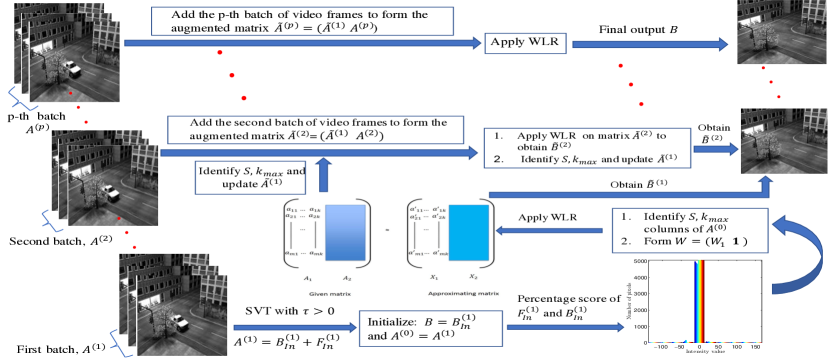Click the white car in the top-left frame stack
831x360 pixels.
point(71,68)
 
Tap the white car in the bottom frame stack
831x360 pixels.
point(180,322)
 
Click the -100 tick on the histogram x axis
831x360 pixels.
point(659,347)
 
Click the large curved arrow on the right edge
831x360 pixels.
point(801,255)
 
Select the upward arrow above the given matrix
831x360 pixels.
point(323,174)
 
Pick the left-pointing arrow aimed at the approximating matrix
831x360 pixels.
point(551,231)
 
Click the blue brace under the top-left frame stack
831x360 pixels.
point(18,97)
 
